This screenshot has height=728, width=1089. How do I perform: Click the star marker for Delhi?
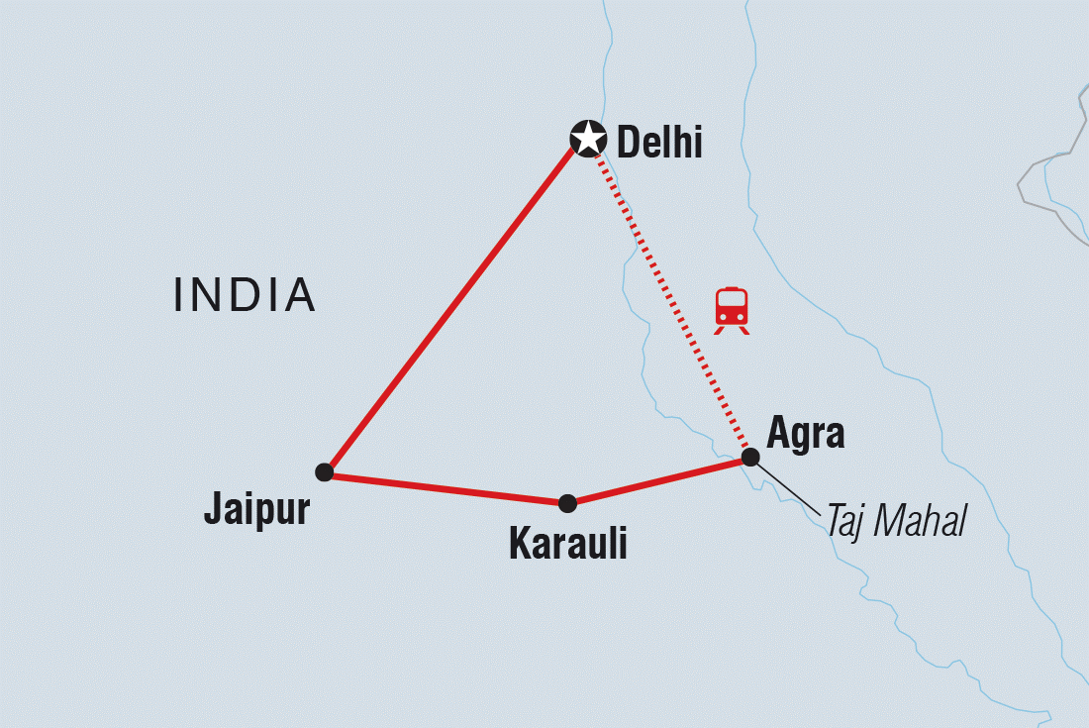[588, 139]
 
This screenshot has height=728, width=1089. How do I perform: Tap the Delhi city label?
[659, 144]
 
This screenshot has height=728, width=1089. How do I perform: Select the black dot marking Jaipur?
[324, 471]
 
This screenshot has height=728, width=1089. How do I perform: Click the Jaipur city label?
[256, 509]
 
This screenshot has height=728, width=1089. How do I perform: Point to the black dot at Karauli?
[567, 503]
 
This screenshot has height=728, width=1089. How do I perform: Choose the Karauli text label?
[567, 543]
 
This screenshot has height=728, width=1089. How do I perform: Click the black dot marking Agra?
[750, 457]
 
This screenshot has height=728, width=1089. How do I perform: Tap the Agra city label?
[806, 434]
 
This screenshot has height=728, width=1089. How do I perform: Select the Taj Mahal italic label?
[896, 522]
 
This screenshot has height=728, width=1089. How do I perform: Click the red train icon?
[732, 309]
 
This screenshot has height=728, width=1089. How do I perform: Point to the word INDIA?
[245, 295]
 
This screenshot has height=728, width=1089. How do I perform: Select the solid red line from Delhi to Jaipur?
[450, 310]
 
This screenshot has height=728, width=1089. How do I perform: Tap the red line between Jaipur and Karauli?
[445, 487]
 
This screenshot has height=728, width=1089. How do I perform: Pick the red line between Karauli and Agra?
[658, 480]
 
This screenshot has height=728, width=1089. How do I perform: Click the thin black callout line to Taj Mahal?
[789, 487]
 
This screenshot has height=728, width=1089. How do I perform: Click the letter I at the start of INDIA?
[179, 295]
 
